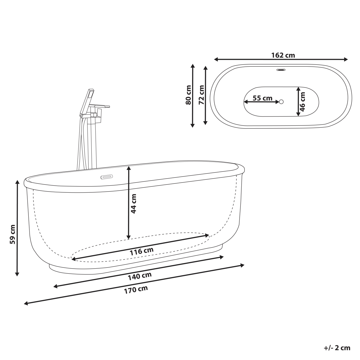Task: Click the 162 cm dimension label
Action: coord(283,55)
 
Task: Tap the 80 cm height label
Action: coord(188,95)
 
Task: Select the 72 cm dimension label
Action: coord(201,95)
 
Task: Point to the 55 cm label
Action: coord(262,98)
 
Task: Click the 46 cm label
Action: coord(302,102)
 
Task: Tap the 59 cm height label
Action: coord(12,234)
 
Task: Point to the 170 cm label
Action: coord(136,290)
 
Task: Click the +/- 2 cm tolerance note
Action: coord(337,348)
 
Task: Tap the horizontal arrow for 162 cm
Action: coord(281,59)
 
